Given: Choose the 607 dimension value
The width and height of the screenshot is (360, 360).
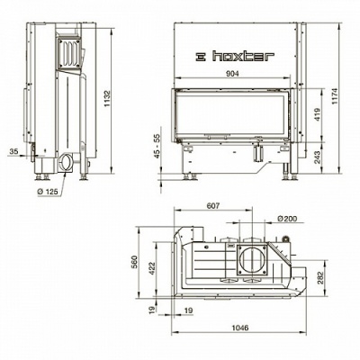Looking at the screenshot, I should pos(213,207).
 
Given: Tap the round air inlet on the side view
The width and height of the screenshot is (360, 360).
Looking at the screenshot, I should pos(67,164).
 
